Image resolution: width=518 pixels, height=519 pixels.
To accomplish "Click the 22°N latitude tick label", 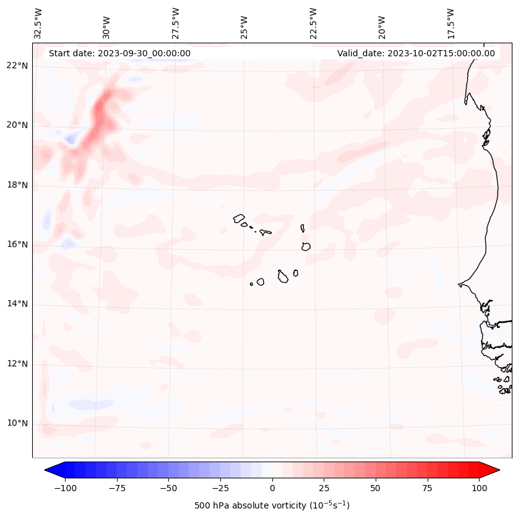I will (17, 66).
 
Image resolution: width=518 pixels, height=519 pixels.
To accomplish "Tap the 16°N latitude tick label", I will (17, 245).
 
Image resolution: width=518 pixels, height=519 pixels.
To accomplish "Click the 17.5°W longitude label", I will (451, 23).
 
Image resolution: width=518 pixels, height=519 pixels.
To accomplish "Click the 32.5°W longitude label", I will (38, 23).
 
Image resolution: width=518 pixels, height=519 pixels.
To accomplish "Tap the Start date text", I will (119, 53).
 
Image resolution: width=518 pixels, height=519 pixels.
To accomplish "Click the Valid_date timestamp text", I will (416, 53).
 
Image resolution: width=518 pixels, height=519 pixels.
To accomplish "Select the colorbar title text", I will (272, 506).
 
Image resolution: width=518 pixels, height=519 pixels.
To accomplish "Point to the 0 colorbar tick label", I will (272, 488).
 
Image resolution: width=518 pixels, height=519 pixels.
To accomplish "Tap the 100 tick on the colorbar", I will (479, 488).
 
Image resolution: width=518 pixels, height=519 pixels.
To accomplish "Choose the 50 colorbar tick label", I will (376, 488).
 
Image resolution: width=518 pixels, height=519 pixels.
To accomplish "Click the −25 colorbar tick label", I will (220, 488).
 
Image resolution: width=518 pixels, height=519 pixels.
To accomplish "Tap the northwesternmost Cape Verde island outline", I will (239, 218).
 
